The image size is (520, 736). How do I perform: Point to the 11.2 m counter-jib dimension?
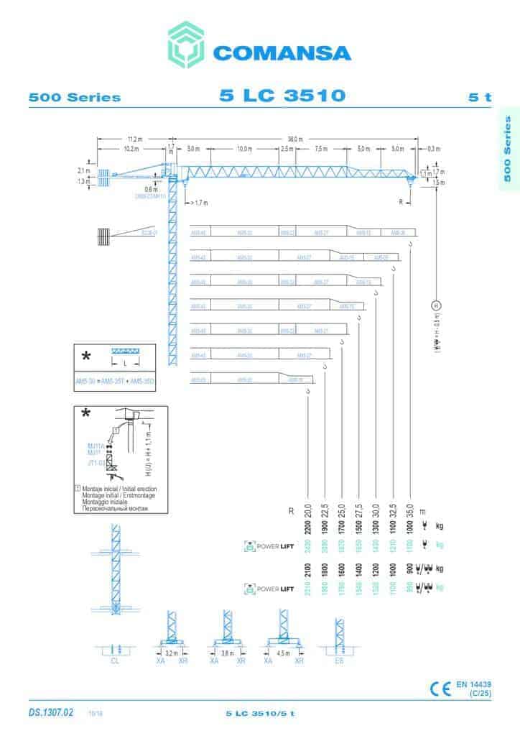[134, 139]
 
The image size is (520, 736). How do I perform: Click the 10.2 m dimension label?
[131, 149]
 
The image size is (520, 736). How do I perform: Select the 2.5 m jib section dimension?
[287, 149]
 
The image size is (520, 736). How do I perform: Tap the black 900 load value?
[410, 569]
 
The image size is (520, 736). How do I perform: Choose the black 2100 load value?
[308, 569]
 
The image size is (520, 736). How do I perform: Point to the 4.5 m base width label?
[284, 653]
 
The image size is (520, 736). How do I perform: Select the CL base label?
[115, 660]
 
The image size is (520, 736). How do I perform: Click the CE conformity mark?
[440, 688]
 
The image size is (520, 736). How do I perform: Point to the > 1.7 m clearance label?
[198, 203]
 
